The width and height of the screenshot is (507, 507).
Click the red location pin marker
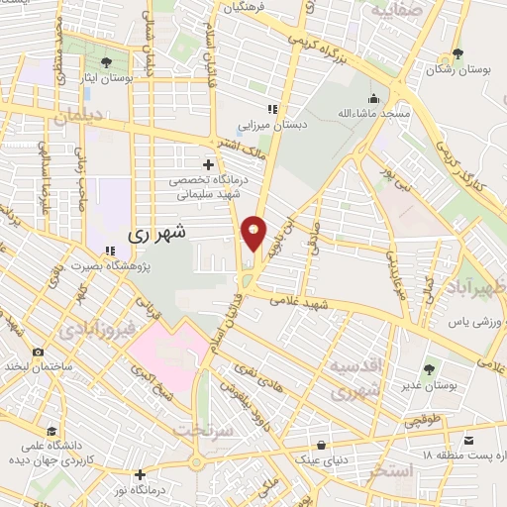[x=254, y=232]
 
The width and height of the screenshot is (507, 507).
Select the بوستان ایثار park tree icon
[x=105, y=62]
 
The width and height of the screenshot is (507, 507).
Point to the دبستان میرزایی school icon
[x=271, y=110]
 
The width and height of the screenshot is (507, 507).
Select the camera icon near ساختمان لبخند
[x=38, y=352]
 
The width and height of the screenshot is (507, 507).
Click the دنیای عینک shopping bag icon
[x=323, y=445]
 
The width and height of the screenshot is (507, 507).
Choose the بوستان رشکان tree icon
[x=456, y=54]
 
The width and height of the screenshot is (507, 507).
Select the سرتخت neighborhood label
[x=202, y=430]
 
